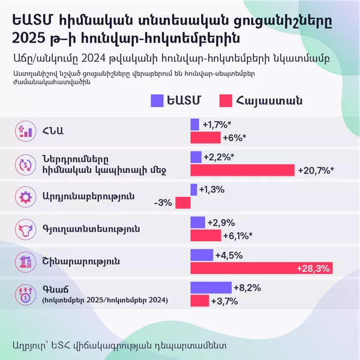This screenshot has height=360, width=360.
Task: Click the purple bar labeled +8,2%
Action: click(211, 287)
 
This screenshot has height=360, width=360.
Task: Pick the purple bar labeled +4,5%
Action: click(202, 255)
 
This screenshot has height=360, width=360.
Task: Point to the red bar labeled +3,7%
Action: click(200, 300)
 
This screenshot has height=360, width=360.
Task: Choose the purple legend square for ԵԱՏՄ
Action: click(158, 100)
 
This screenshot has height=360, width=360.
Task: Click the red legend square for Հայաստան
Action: click(227, 100)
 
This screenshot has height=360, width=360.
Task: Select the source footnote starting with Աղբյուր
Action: click(120, 346)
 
